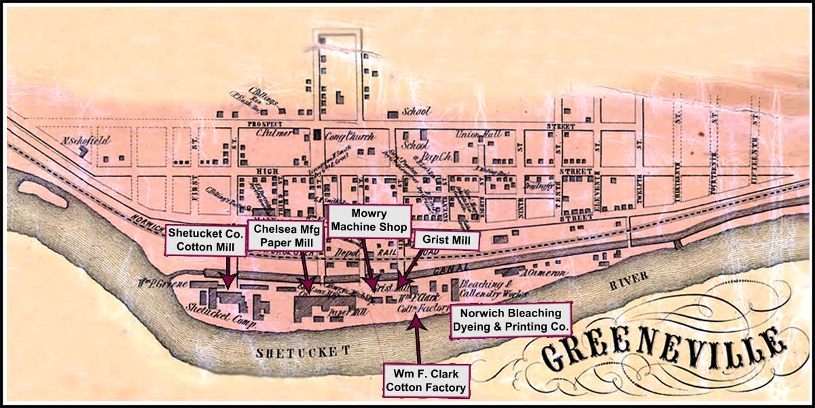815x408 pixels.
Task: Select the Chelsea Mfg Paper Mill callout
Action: point(278,236)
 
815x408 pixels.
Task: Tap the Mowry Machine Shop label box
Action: point(369,219)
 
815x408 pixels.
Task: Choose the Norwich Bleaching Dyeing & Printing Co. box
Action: point(511,320)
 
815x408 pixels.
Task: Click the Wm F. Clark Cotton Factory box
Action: point(426,381)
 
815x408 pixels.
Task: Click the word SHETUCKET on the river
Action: point(302,351)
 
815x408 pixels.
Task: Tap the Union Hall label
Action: point(478,134)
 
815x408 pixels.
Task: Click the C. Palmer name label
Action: point(274,133)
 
